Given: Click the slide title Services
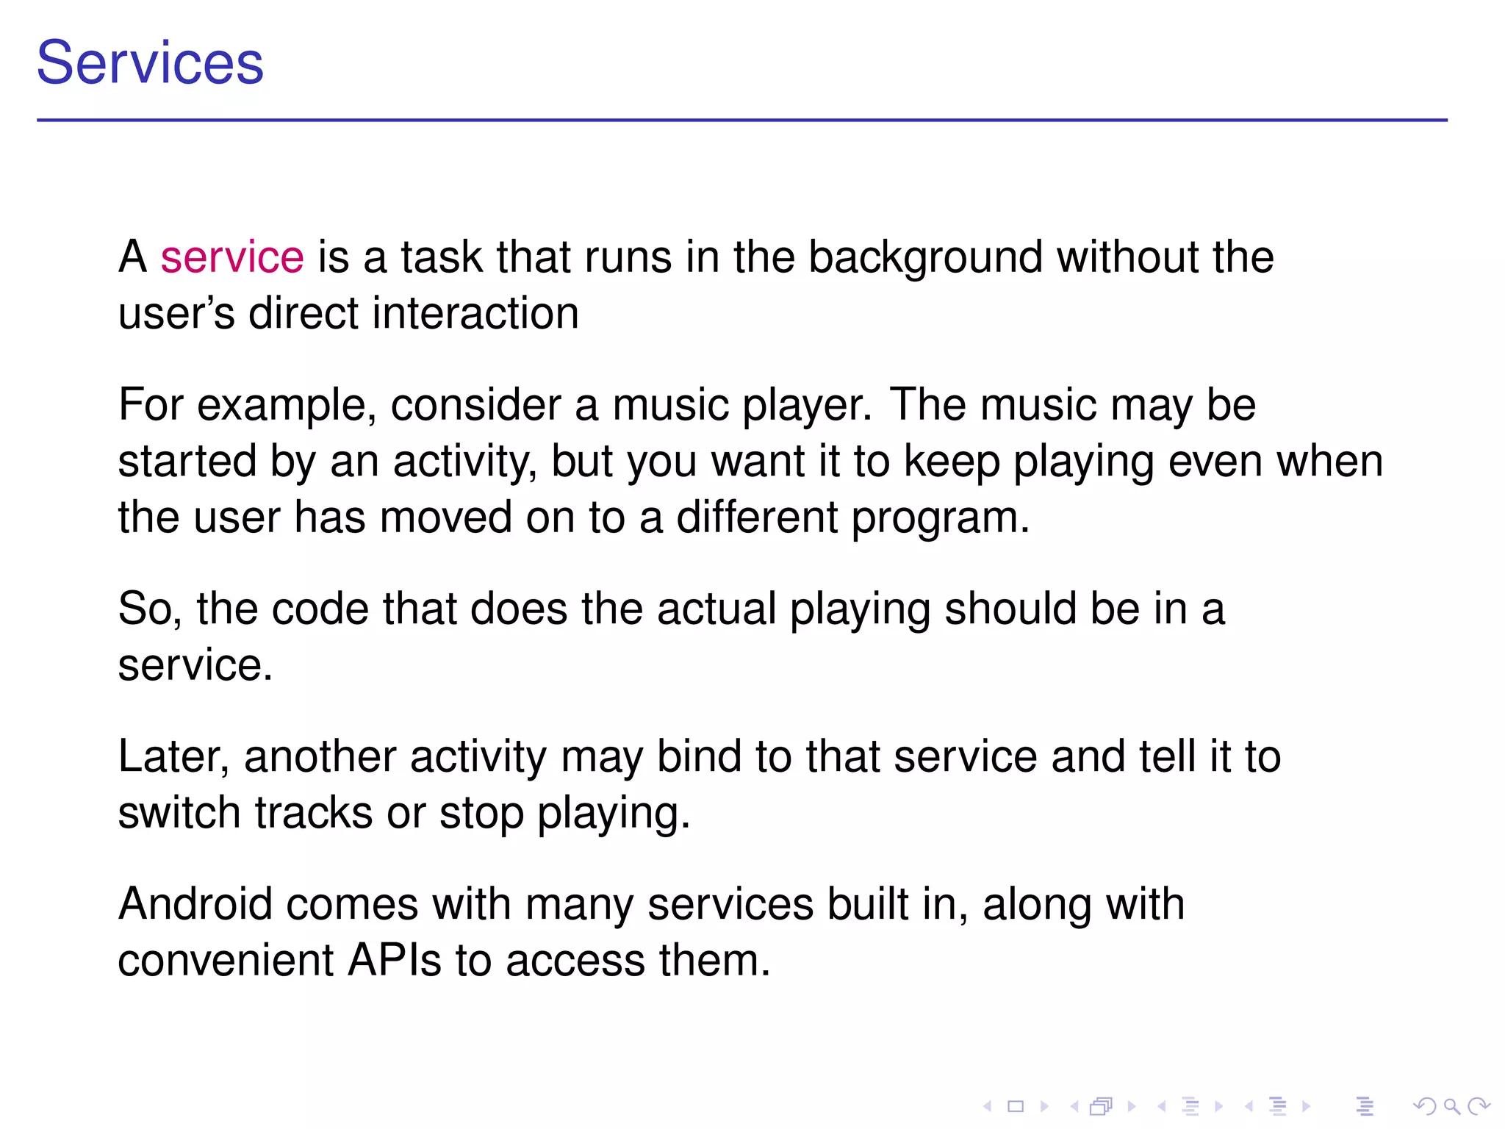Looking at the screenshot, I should pyautogui.click(x=150, y=63).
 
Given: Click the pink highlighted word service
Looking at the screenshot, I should pyautogui.click(x=232, y=257).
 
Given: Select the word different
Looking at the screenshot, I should pyautogui.click(x=756, y=517).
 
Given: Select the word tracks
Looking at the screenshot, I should pyautogui.click(x=314, y=813).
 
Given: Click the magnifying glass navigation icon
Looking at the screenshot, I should pyautogui.click(x=1451, y=1106).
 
